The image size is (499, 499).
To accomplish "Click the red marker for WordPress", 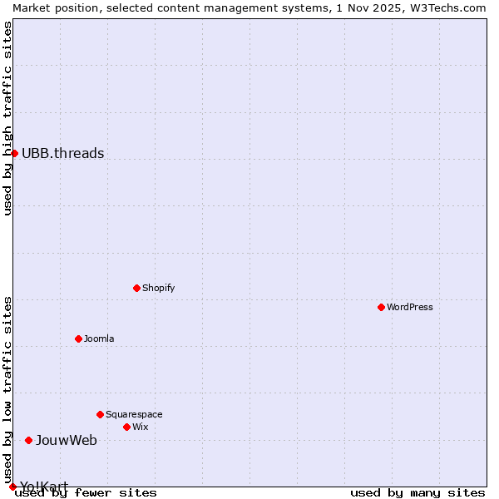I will [382, 307].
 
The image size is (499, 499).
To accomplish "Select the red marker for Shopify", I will [137, 288].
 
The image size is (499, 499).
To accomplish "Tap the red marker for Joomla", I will [79, 338].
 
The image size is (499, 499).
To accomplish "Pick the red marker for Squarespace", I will [101, 414].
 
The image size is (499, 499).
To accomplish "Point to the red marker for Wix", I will [127, 427].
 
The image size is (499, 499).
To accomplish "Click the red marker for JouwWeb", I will [29, 440].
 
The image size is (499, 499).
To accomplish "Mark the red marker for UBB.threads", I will [14, 153].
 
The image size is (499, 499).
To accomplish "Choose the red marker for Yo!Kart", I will [12, 487].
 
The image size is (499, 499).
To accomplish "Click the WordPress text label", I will [410, 307].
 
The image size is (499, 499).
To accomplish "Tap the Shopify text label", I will [159, 288].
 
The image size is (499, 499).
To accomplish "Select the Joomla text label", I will [99, 338].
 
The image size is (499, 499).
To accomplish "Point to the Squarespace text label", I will [134, 414].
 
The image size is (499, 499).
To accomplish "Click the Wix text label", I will [141, 427].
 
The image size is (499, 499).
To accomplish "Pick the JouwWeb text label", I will [67, 440].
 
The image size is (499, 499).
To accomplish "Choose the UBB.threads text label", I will [63, 153].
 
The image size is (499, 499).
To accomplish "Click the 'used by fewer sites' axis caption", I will [86, 493].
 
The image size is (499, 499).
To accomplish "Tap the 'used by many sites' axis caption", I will [417, 493].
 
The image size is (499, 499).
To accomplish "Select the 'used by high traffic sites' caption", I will [7, 118].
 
